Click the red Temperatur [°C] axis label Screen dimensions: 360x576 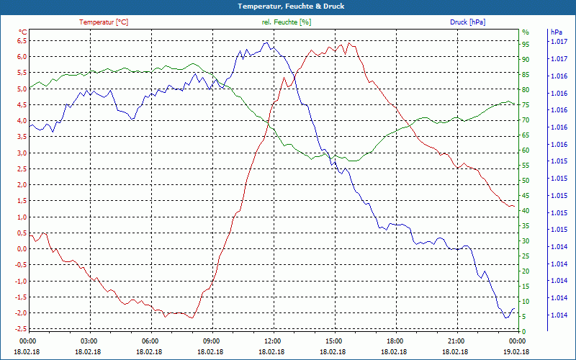(104, 22)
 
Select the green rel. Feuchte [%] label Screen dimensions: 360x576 (287, 22)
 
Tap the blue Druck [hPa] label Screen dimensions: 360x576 (467, 22)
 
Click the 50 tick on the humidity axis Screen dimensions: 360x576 (526, 180)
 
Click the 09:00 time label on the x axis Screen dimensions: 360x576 (211, 341)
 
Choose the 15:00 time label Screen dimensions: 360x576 (333, 341)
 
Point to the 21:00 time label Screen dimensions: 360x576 (456, 341)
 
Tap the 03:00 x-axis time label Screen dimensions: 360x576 (89, 341)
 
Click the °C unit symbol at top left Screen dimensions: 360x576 (22, 32)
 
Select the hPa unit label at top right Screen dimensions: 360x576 (556, 32)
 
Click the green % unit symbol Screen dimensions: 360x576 (525, 32)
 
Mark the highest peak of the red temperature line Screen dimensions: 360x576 (348, 42)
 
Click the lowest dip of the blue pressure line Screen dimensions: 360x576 (506, 318)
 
